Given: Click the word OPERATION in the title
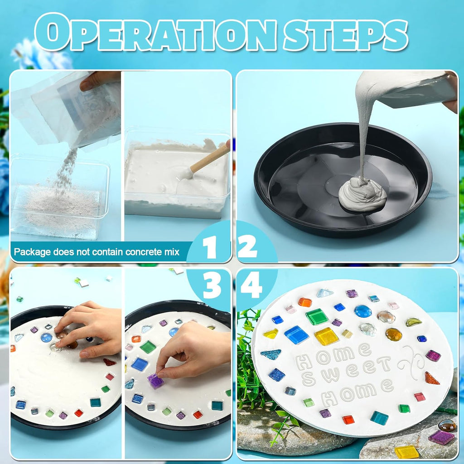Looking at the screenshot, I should tap(156, 33).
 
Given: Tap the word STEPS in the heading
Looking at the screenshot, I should tap(345, 33).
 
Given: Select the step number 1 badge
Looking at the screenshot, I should tap(209, 248).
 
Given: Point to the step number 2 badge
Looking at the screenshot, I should tap(247, 248).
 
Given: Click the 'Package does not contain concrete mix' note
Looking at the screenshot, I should tap(97, 251).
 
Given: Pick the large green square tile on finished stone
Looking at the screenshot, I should tap(317, 316).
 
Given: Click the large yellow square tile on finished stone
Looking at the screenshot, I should tap(326, 336).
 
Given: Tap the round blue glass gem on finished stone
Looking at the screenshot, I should tap(362, 311).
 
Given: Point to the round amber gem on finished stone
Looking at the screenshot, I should tap(393, 334).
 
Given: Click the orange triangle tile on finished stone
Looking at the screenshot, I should tap(431, 378).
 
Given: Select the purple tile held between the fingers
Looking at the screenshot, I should tap(155, 381).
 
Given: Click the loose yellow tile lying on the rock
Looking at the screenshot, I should tap(406, 451).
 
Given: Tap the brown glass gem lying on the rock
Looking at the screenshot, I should tap(447, 425).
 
